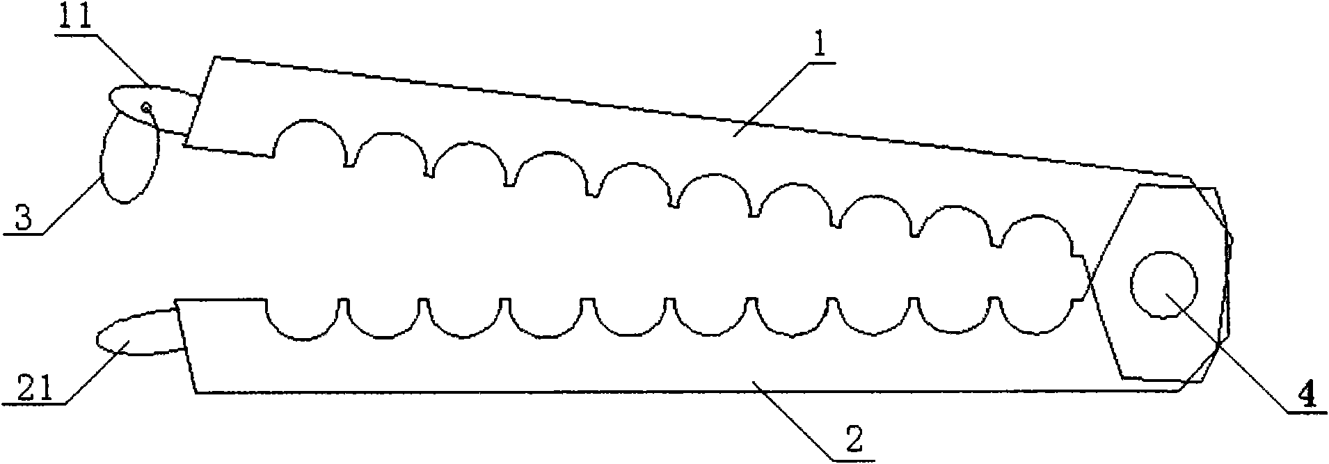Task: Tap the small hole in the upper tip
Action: point(147,106)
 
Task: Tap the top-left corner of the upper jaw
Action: point(215,56)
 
